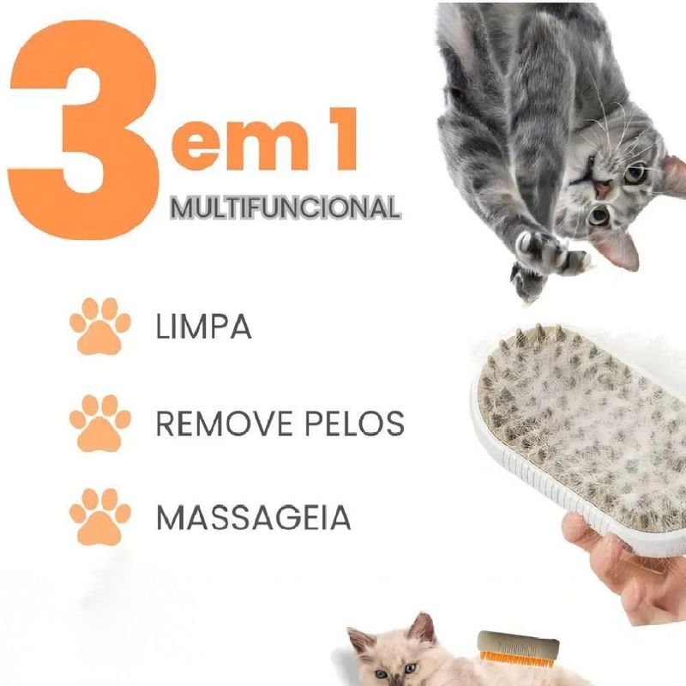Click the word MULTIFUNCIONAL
(286, 208)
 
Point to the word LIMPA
(204, 327)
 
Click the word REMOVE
(224, 423)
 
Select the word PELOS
(354, 423)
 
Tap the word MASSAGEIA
(253, 518)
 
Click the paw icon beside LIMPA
(100, 326)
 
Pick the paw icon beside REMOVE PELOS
(100, 423)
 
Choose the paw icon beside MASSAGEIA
(100, 517)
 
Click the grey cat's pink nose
(602, 189)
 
